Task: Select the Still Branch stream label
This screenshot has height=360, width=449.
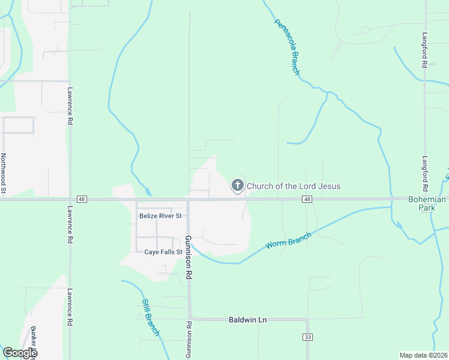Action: click(x=151, y=317)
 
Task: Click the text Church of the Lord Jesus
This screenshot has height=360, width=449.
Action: click(x=294, y=186)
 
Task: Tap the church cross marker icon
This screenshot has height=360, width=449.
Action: click(x=238, y=186)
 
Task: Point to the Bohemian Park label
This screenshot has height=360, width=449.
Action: click(x=427, y=204)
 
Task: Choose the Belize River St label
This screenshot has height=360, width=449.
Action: click(x=160, y=216)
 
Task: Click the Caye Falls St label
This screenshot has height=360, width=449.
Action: click(x=163, y=252)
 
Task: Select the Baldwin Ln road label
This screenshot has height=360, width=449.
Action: click(x=247, y=320)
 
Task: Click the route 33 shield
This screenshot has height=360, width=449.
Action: click(x=308, y=338)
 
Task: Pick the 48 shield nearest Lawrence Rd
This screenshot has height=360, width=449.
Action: click(x=82, y=199)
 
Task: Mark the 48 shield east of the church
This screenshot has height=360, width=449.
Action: click(x=307, y=199)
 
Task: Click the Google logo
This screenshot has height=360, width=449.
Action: click(x=20, y=353)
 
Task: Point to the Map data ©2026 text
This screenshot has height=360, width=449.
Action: click(x=423, y=355)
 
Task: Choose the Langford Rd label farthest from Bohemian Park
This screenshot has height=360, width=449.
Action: click(x=424, y=49)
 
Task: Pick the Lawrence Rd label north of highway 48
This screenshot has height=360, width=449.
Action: click(x=70, y=107)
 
